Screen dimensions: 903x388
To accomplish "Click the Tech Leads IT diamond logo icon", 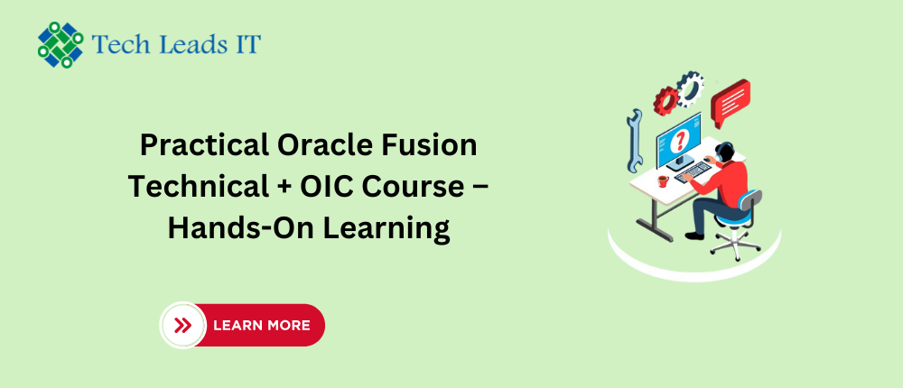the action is (61, 44).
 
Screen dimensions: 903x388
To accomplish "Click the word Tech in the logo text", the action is (116, 44).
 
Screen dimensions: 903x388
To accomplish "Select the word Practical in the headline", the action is (204, 145).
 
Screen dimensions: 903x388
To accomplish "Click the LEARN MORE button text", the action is (262, 326).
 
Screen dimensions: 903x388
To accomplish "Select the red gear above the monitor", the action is (666, 101).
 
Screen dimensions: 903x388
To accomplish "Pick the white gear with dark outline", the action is (690, 88).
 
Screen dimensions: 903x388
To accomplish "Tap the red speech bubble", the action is (731, 102).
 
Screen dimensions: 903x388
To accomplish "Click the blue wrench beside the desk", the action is (635, 141).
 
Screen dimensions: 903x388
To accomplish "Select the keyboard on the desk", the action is (693, 171).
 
